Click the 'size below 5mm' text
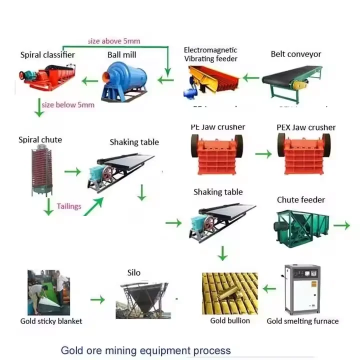pos(68,104)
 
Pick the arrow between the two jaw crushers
pos(263,154)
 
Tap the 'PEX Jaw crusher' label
pos(306,127)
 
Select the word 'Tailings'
pos(69,206)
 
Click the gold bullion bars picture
pos(230,293)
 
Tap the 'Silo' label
pos(134,273)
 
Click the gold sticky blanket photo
pos(48,292)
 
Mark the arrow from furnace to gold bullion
pos(269,288)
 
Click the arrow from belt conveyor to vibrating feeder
pos(251,78)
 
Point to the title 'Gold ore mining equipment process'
pos(146,350)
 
